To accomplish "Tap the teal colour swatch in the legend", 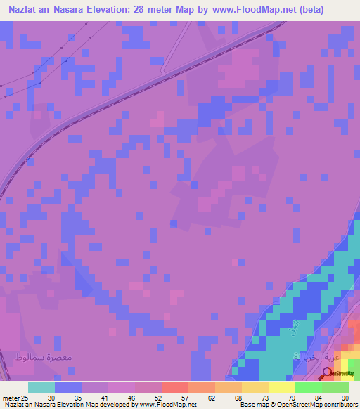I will pyautogui.click(x=41, y=387).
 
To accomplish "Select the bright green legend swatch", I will pyautogui.click(x=309, y=387).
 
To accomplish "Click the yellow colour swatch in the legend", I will pyautogui.click(x=282, y=387).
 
